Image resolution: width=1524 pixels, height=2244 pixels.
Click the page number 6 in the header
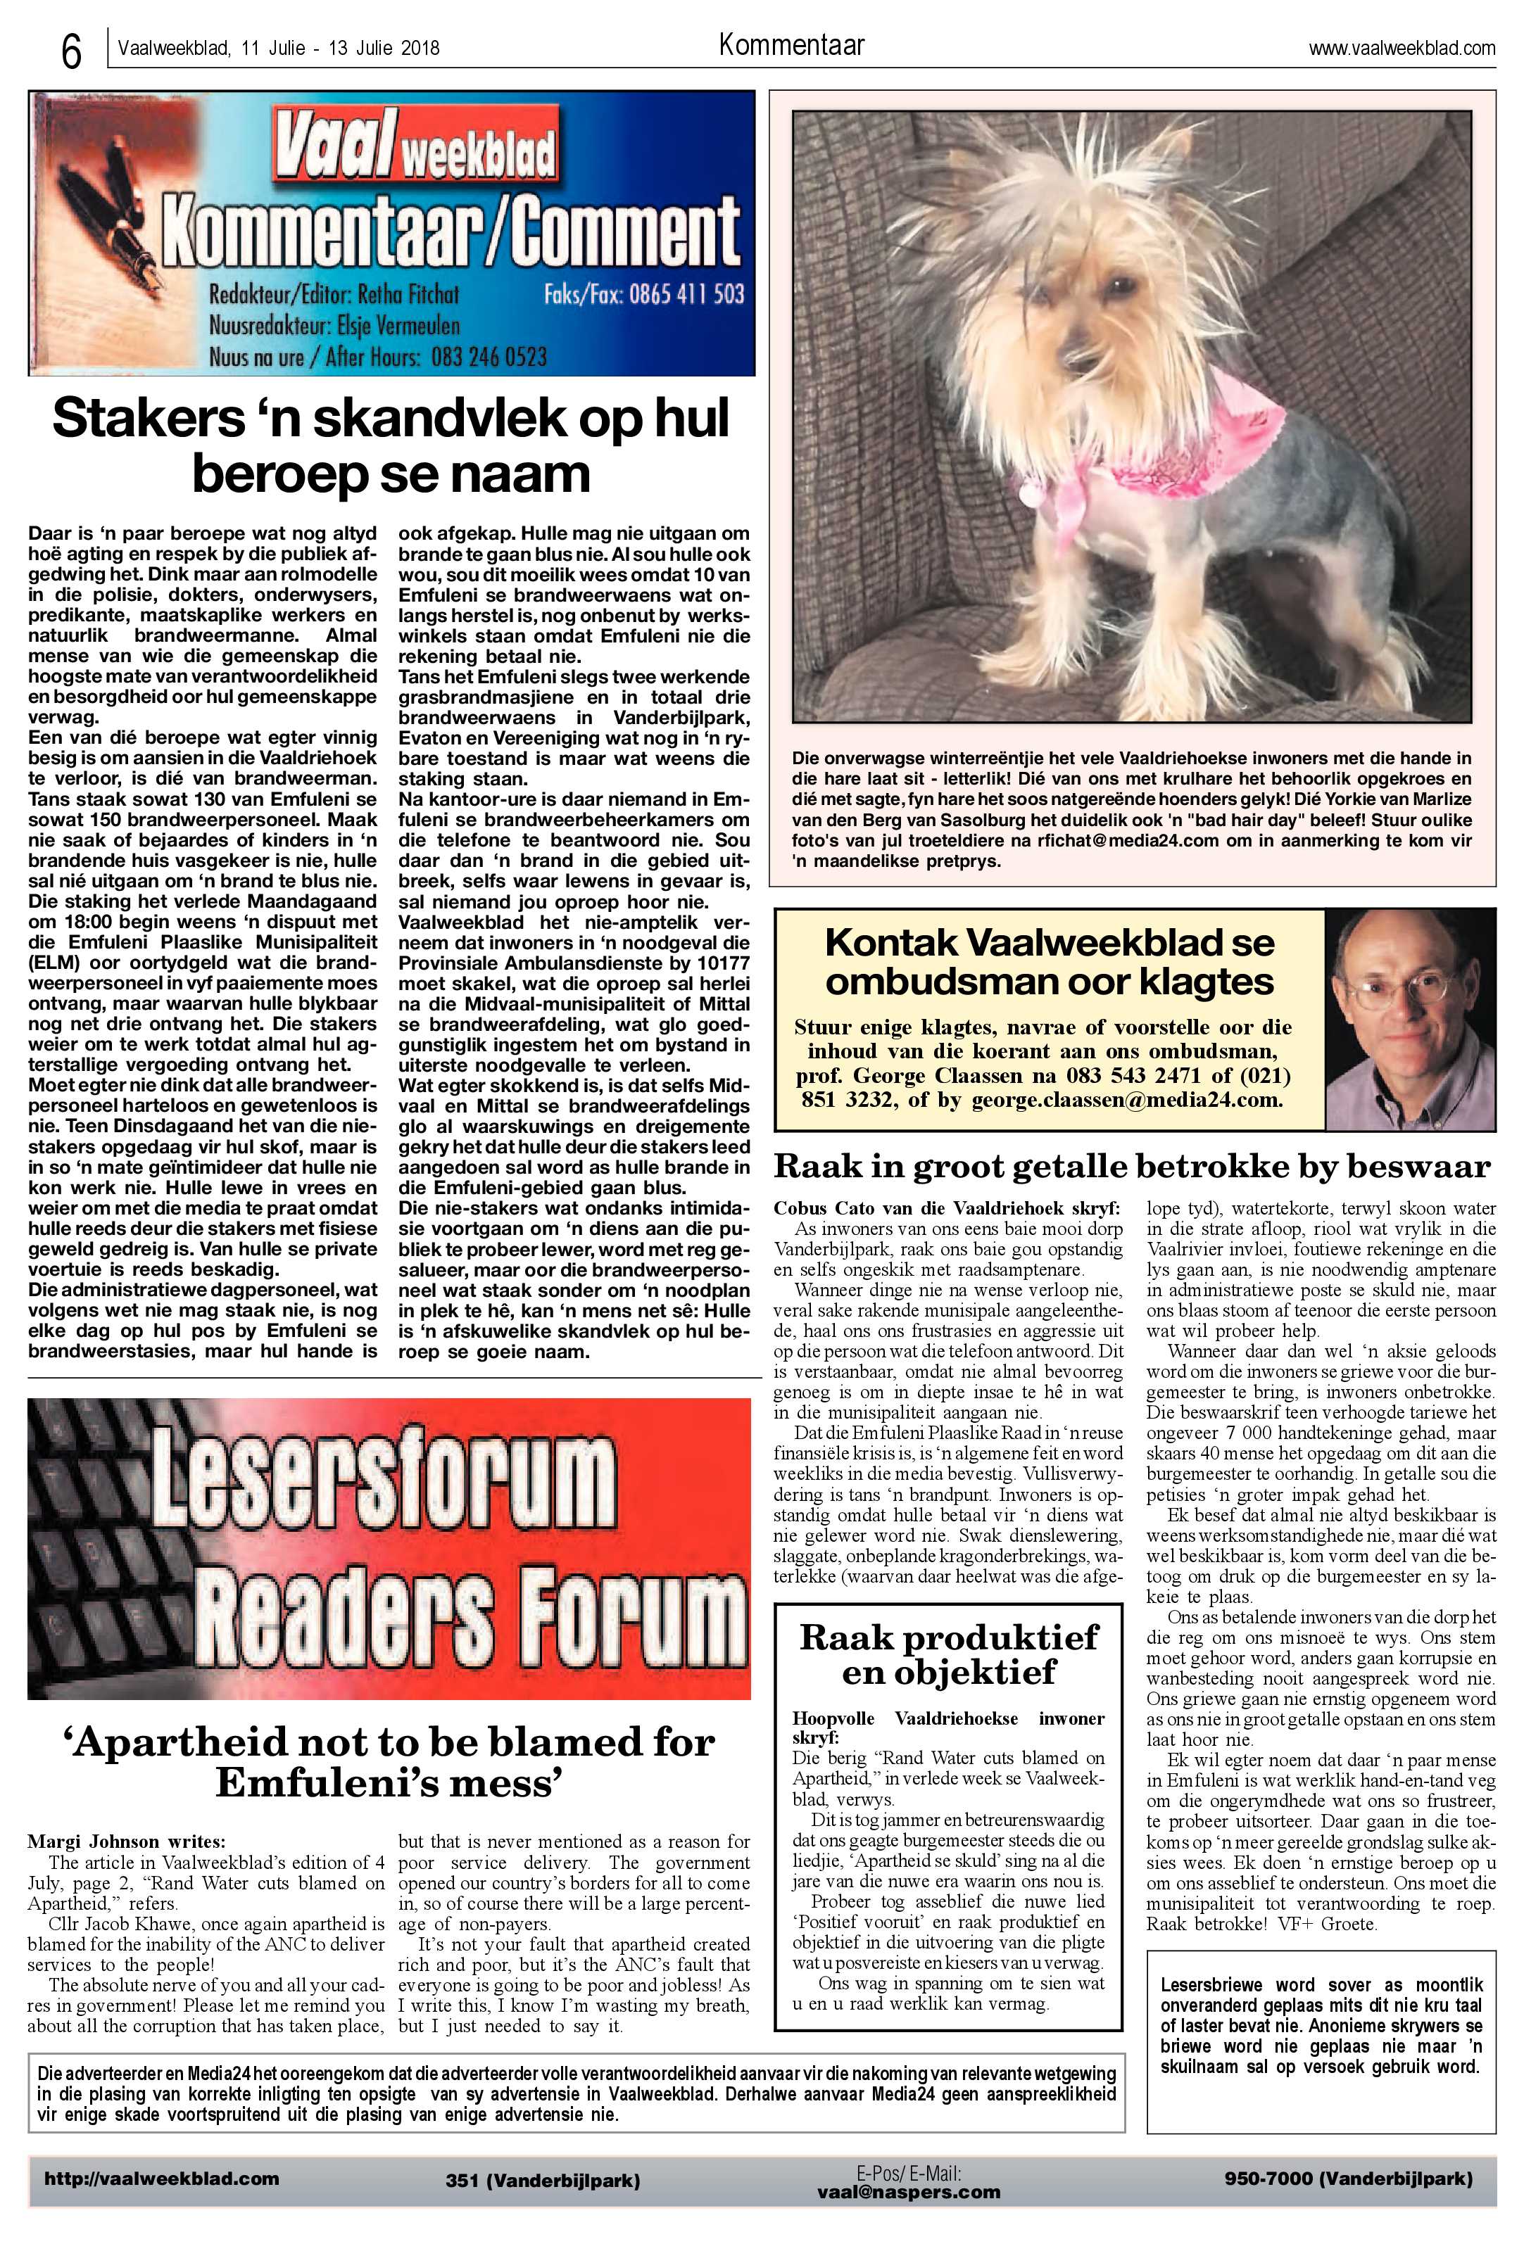click(70, 52)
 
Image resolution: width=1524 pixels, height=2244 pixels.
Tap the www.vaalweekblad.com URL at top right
click(1402, 49)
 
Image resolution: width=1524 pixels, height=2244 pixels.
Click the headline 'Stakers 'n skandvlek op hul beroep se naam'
click(391, 446)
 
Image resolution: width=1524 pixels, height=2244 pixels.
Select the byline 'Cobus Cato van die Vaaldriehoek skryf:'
click(947, 1208)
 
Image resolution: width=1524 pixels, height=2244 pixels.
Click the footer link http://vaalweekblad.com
click(161, 2179)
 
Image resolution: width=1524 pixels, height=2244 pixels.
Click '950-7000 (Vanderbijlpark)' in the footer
click(1347, 2179)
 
